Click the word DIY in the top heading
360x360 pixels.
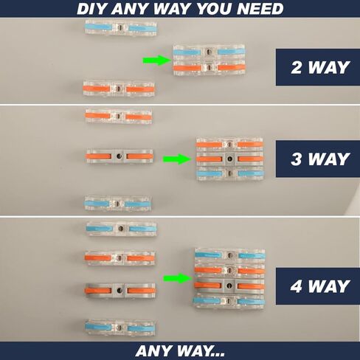click(92, 9)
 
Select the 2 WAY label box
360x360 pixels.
click(318, 67)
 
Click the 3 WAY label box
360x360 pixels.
click(318, 159)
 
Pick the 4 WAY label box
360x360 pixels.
click(318, 286)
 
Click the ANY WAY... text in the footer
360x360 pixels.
click(180, 351)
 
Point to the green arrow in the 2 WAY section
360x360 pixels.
click(157, 60)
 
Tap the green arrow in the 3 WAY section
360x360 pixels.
click(177, 159)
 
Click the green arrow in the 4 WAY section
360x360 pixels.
click(178, 278)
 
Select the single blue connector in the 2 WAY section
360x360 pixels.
click(121, 28)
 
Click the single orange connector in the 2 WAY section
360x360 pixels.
click(119, 89)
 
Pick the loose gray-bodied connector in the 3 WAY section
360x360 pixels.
click(120, 156)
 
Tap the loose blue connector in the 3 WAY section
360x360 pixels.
click(117, 204)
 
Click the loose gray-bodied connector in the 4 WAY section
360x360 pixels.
click(120, 291)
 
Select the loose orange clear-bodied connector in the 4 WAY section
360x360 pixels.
click(120, 258)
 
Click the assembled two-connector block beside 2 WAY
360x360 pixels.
click(209, 60)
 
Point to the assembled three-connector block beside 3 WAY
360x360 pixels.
click(229, 159)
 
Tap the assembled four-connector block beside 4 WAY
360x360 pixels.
click(229, 278)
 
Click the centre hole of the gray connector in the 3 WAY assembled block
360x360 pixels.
click(230, 159)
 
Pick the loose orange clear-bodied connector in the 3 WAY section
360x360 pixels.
click(119, 116)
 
